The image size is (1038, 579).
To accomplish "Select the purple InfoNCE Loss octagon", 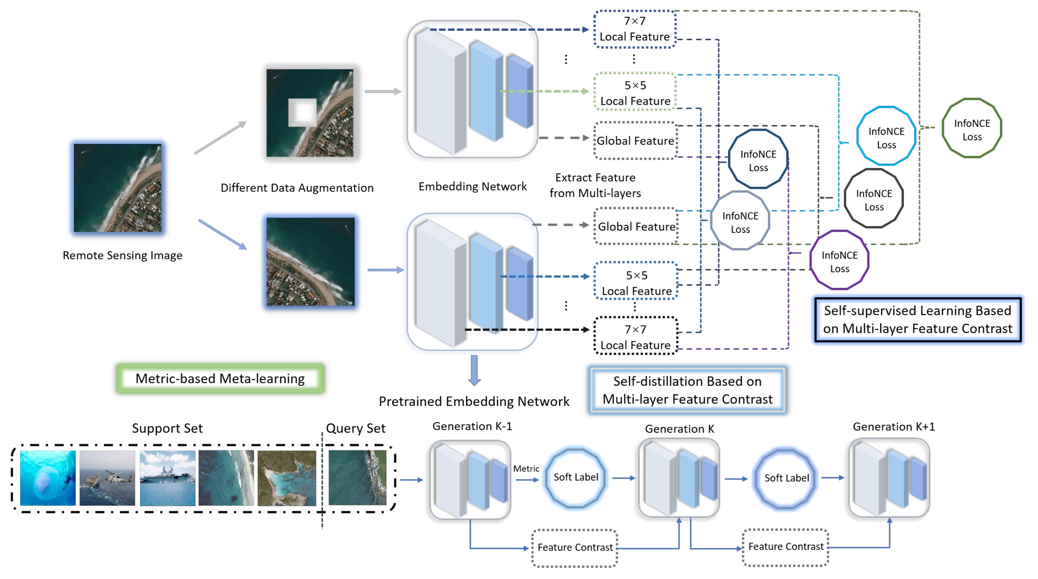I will [x=839, y=261].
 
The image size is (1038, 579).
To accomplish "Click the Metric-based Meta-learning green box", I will [x=220, y=378].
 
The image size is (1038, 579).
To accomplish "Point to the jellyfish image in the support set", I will [x=48, y=478].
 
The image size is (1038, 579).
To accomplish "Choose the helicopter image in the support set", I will [x=107, y=478].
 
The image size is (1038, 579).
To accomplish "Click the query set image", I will [x=357, y=478].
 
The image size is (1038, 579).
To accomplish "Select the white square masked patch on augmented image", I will [x=302, y=112].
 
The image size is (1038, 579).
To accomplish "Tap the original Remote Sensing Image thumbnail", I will [x=117, y=188].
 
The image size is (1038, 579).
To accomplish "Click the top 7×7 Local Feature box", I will [x=634, y=29].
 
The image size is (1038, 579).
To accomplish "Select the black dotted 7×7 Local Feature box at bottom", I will [x=635, y=336].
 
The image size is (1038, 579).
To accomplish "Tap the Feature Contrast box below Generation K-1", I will [x=575, y=548].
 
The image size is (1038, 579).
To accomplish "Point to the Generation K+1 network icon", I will [x=889, y=478].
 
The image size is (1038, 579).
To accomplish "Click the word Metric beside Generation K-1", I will [x=526, y=469].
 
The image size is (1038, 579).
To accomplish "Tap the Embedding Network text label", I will [x=472, y=187].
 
